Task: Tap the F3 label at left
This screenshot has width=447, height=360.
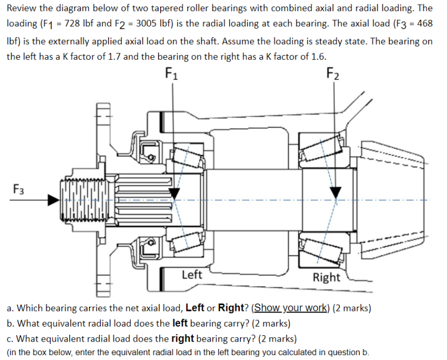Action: [19, 189]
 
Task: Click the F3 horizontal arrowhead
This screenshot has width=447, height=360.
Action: [53, 200]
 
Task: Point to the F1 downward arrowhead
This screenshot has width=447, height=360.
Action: [174, 192]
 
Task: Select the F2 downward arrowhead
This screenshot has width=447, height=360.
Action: [336, 192]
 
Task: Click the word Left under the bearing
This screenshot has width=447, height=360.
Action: [191, 275]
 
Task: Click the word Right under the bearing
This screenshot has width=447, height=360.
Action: [326, 278]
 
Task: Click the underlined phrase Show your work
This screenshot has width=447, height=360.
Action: [291, 308]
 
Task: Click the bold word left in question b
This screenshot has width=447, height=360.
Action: [180, 324]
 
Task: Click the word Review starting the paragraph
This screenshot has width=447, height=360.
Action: [23, 8]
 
